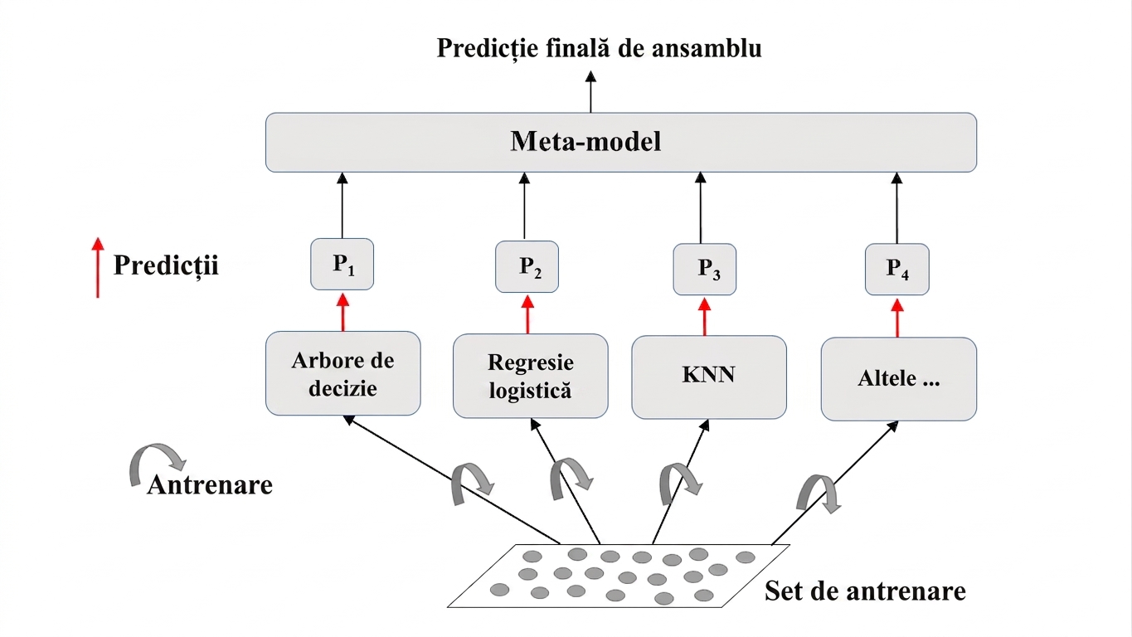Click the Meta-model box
pyautogui.click(x=620, y=142)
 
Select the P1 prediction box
pyautogui.click(x=343, y=264)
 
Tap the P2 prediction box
pyautogui.click(x=527, y=266)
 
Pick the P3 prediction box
pyautogui.click(x=704, y=269)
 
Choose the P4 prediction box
pyautogui.click(x=897, y=269)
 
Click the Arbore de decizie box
pyautogui.click(x=343, y=373)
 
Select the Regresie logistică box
pyautogui.click(x=530, y=376)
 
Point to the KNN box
pyautogui.click(x=709, y=377)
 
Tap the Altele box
pyautogui.click(x=898, y=379)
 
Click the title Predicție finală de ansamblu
pyautogui.click(x=599, y=49)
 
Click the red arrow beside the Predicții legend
pyautogui.click(x=98, y=267)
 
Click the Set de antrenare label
pyautogui.click(x=865, y=591)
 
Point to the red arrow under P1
pyautogui.click(x=343, y=313)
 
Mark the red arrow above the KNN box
pyautogui.click(x=704, y=317)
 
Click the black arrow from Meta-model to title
pyautogui.click(x=590, y=91)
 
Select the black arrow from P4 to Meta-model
pyautogui.click(x=897, y=208)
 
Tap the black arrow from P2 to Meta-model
pyautogui.click(x=524, y=207)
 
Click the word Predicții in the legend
pyautogui.click(x=166, y=265)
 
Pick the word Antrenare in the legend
pyautogui.click(x=210, y=484)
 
